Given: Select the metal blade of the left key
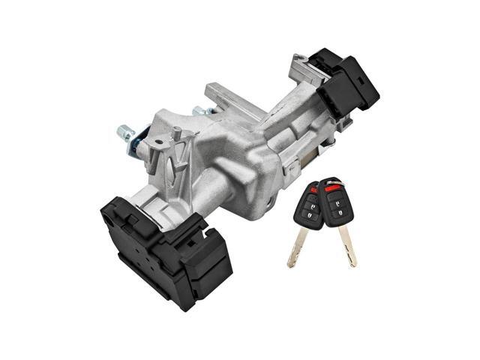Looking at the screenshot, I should (298, 244).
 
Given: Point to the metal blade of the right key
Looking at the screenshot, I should (346, 244).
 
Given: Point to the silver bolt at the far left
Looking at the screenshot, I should (124, 133).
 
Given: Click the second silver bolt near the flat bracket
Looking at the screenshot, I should (199, 112).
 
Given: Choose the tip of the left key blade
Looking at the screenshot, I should (289, 265).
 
